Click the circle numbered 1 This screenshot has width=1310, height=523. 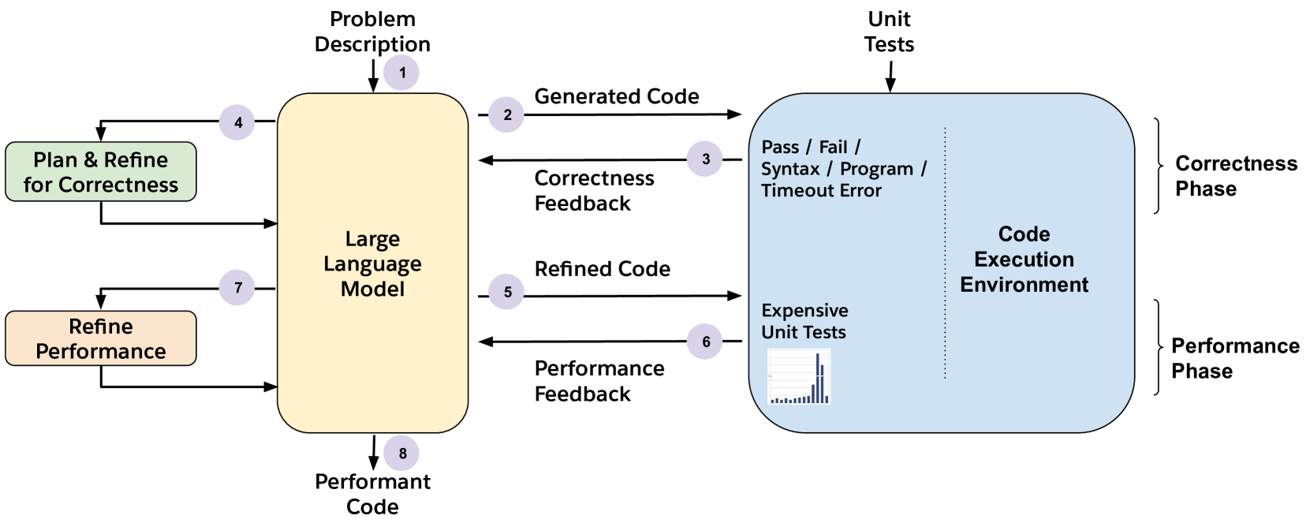click(401, 73)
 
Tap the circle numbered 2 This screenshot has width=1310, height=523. click(506, 114)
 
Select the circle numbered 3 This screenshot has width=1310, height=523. click(704, 159)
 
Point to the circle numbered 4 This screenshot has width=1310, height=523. click(237, 122)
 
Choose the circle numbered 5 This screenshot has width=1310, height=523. click(506, 291)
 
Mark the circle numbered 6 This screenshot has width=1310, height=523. click(704, 342)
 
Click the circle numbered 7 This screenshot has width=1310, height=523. click(237, 287)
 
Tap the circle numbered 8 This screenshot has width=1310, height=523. click(401, 453)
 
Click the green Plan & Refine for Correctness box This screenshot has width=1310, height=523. click(101, 171)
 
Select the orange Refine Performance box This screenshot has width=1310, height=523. click(101, 338)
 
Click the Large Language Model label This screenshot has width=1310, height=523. click(372, 263)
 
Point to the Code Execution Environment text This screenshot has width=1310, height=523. click(1024, 259)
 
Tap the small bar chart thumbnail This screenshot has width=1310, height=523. click(800, 377)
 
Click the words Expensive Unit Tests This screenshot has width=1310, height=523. click(804, 321)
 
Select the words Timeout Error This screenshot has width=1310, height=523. click(821, 191)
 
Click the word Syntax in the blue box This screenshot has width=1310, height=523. click(790, 169)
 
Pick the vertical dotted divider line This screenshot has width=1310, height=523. click(945, 252)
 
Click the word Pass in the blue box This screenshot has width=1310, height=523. click(780, 147)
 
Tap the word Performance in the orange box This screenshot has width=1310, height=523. click(101, 351)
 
